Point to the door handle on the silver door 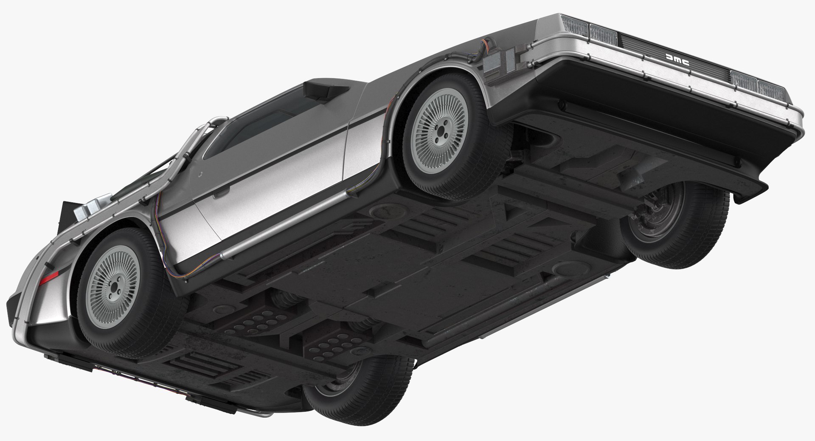[x=220, y=195]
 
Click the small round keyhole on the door [x=199, y=174]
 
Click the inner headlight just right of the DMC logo [x=745, y=79]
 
